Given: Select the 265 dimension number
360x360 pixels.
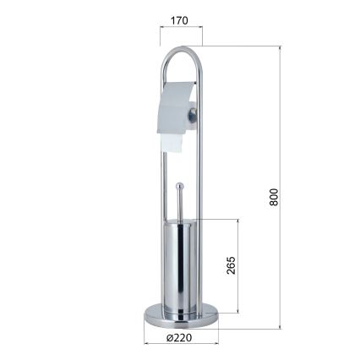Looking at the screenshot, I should tap(229, 268).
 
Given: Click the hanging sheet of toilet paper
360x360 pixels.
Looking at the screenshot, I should tap(172, 144).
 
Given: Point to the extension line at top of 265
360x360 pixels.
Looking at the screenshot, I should tap(221, 219).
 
